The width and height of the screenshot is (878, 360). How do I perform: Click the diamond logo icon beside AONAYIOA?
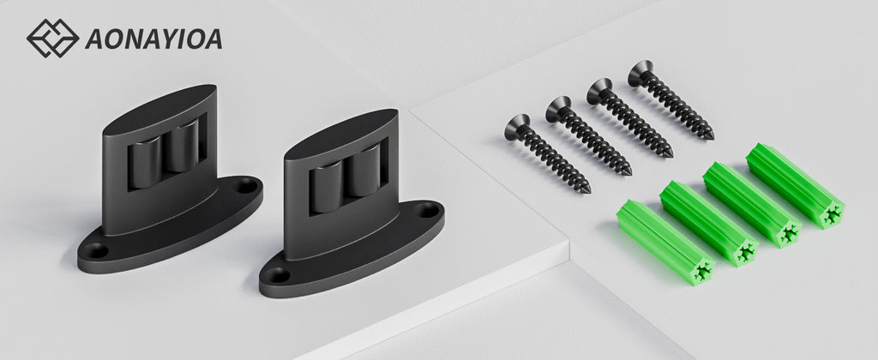(x=52, y=38)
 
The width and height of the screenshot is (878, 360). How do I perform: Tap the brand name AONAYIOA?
(x=154, y=39)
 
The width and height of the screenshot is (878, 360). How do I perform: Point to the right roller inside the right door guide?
(x=364, y=171)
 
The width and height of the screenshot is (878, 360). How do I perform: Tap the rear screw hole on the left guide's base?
(x=245, y=185)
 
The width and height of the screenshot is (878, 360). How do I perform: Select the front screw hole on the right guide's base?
(x=278, y=275)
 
